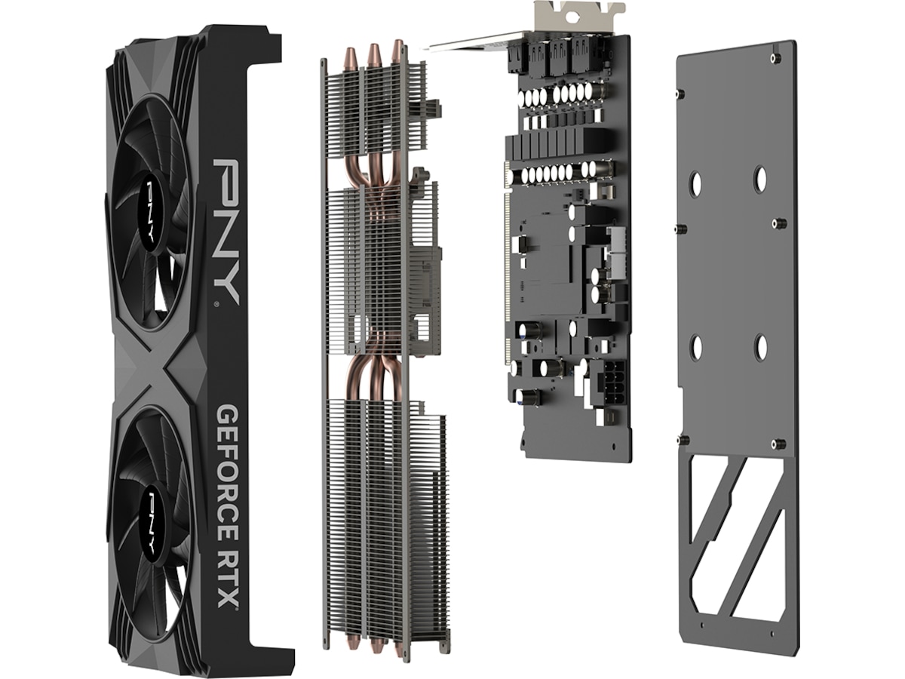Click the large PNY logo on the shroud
226,232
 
